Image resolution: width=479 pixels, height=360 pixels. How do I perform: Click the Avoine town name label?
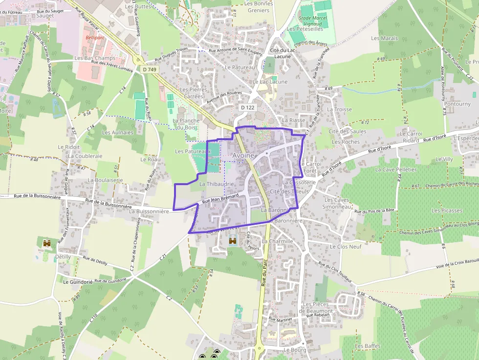(243, 155)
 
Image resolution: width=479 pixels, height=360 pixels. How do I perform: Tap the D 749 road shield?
(150, 70)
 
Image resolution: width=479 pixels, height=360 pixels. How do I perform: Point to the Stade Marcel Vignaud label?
(313, 20)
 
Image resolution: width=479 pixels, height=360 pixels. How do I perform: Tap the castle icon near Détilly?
(47, 243)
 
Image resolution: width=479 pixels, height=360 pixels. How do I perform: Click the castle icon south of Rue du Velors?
(233, 241)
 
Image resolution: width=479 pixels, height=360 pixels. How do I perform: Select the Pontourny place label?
(457, 104)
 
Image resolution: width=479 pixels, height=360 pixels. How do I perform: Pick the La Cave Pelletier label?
(396, 169)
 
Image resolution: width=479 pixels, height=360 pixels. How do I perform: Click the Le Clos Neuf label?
(346, 247)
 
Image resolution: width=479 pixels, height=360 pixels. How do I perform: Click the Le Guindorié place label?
(78, 282)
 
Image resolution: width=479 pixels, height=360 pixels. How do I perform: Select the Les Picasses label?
(447, 211)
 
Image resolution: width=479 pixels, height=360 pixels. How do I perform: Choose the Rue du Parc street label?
(264, 275)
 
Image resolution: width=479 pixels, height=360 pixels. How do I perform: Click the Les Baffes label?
(368, 346)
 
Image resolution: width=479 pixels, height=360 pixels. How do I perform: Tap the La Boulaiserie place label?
(105, 180)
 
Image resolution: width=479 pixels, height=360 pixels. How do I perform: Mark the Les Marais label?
(385, 38)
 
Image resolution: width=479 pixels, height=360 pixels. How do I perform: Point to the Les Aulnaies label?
(117, 132)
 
